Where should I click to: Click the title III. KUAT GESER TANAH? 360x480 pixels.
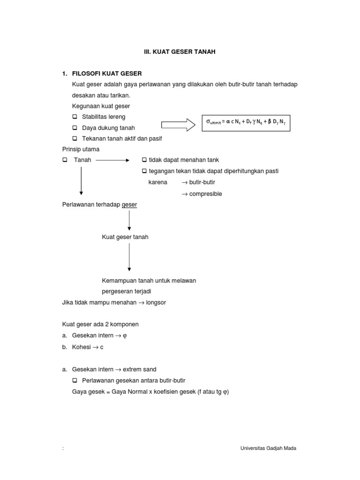tap(180, 52)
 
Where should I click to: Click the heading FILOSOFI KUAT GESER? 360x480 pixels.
tap(107, 74)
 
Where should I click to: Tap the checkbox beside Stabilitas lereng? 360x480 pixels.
tap(75, 117)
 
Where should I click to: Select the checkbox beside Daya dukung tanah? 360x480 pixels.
tap(75, 128)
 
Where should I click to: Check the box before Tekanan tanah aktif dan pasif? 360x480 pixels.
tap(75, 139)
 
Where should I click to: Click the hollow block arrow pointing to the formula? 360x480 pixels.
tap(178, 124)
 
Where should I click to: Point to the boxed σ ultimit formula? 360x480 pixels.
tap(246, 122)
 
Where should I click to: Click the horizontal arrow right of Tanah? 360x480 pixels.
tap(112, 160)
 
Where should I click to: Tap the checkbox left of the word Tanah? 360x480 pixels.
tap(65, 160)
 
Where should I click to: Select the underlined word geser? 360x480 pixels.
tap(129, 205)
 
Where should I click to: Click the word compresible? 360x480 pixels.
tap(205, 194)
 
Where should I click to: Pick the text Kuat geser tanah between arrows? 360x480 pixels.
tap(125, 237)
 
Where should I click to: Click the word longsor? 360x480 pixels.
tap(156, 303)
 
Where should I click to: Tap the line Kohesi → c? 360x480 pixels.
tap(88, 347)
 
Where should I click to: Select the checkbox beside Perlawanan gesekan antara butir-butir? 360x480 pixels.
tap(75, 381)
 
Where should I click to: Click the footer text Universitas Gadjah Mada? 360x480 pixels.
tap(268, 448)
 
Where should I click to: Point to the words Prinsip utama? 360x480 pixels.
tap(81, 150)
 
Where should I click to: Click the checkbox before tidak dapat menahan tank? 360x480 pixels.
tap(144, 160)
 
